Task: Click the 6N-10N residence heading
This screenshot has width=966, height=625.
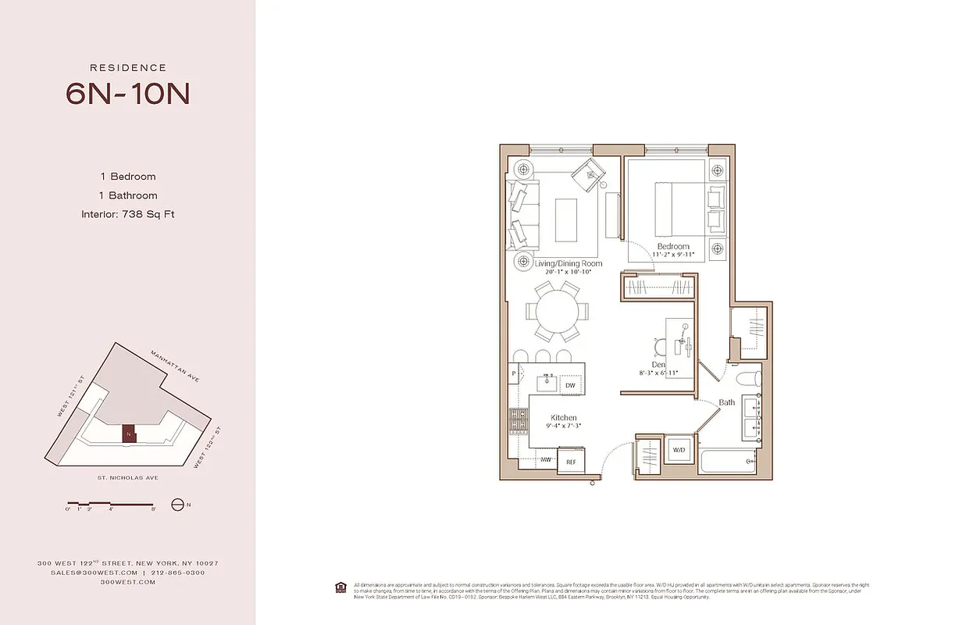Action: pyautogui.click(x=127, y=94)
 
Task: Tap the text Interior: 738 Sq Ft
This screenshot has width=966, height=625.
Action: pyautogui.click(x=127, y=214)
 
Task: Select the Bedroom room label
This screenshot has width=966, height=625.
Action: pyautogui.click(x=672, y=247)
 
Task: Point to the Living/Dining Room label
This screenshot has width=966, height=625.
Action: pyautogui.click(x=569, y=264)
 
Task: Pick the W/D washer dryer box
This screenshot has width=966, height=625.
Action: pyautogui.click(x=677, y=449)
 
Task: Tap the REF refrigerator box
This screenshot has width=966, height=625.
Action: pyautogui.click(x=571, y=462)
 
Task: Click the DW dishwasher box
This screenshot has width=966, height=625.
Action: pyautogui.click(x=571, y=386)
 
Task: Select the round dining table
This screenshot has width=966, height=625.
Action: pyautogui.click(x=558, y=311)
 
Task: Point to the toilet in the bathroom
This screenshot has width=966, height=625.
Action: pyautogui.click(x=749, y=381)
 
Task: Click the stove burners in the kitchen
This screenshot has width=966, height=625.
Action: pyautogui.click(x=518, y=423)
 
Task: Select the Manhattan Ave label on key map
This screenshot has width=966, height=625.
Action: pyautogui.click(x=176, y=366)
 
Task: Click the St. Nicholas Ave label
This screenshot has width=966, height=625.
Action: pyautogui.click(x=127, y=477)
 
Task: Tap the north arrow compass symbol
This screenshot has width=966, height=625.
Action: pyautogui.click(x=177, y=505)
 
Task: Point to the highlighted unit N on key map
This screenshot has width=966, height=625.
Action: pyautogui.click(x=128, y=434)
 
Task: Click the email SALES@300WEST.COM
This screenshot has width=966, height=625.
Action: pyautogui.click(x=84, y=573)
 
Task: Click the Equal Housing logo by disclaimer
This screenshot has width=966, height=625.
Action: pyautogui.click(x=340, y=587)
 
